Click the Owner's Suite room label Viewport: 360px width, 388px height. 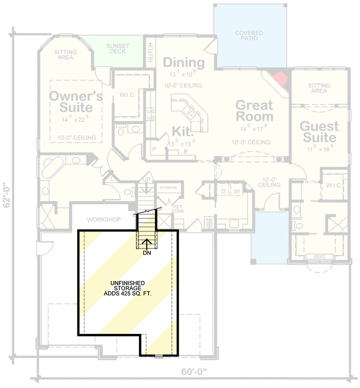(x=76, y=102)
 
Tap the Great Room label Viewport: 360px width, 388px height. (x=255, y=111)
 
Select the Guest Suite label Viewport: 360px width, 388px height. (x=319, y=131)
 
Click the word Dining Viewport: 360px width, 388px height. (x=184, y=62)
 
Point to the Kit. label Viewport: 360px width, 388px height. (x=183, y=131)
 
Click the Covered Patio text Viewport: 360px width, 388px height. (x=249, y=36)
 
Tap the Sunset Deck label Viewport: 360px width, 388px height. (x=117, y=49)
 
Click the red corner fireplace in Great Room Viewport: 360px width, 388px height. (x=281, y=78)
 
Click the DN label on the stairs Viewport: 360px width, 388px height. (x=147, y=253)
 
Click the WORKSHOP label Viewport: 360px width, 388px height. (x=104, y=220)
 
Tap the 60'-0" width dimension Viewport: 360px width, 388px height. (x=194, y=372)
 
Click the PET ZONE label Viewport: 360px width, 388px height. (x=164, y=208)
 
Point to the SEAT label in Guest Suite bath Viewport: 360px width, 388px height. (x=319, y=257)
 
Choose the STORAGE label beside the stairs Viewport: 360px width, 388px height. (x=169, y=188)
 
